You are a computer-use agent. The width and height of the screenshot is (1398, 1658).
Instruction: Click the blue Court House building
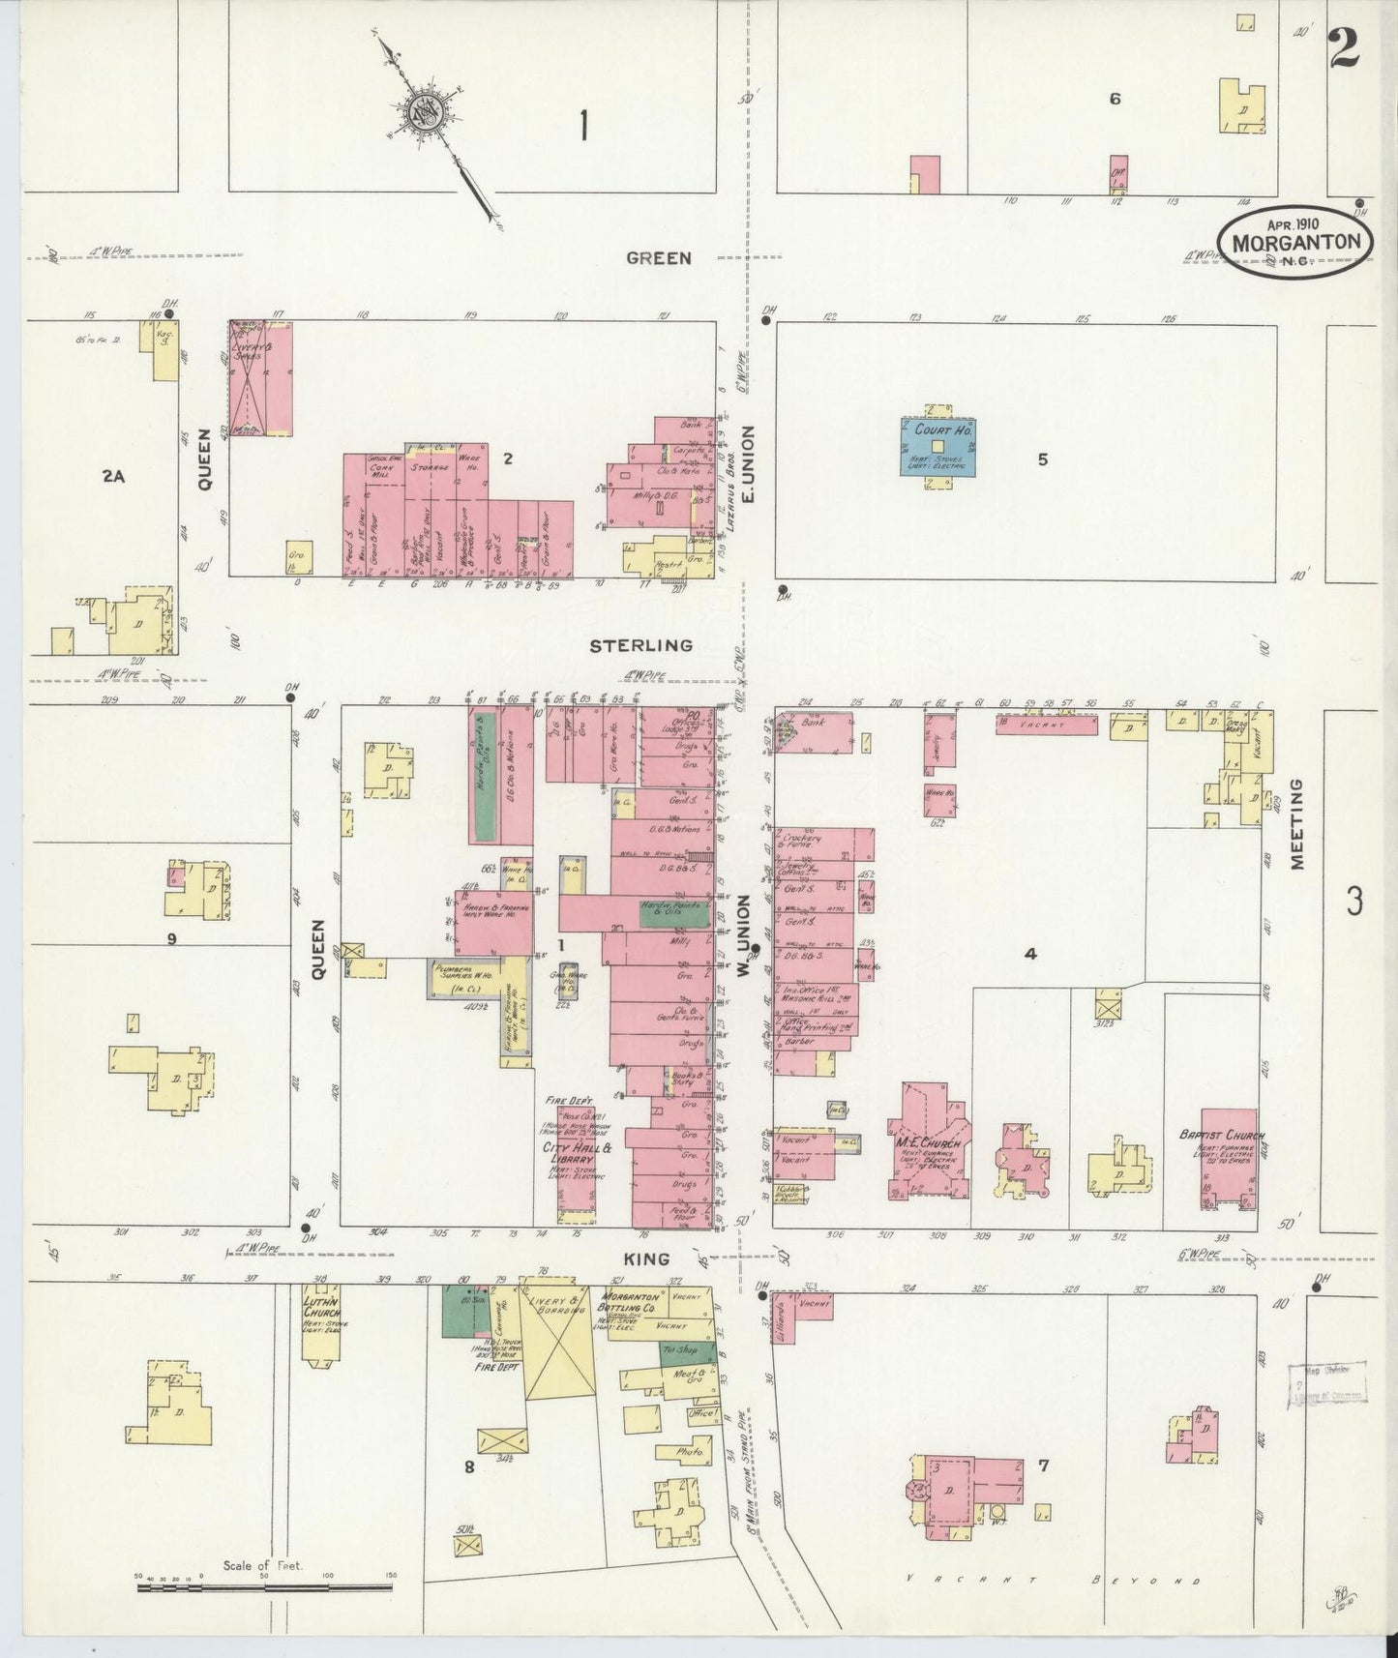click(937, 447)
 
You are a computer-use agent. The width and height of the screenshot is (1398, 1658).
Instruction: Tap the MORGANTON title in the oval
click(1296, 243)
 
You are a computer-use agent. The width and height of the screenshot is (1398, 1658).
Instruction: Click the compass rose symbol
click(426, 113)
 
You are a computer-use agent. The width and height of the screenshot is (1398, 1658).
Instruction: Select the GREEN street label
click(658, 258)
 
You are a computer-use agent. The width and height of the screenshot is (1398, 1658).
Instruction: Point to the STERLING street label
click(641, 645)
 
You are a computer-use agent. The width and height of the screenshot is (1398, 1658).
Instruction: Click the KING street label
click(647, 1259)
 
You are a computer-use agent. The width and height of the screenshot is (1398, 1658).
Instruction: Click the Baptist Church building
click(1229, 1159)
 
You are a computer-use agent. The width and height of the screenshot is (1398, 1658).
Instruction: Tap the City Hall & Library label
click(578, 1154)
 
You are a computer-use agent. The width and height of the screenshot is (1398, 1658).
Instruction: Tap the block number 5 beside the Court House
click(1042, 460)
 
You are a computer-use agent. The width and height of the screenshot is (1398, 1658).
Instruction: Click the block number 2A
click(113, 475)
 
